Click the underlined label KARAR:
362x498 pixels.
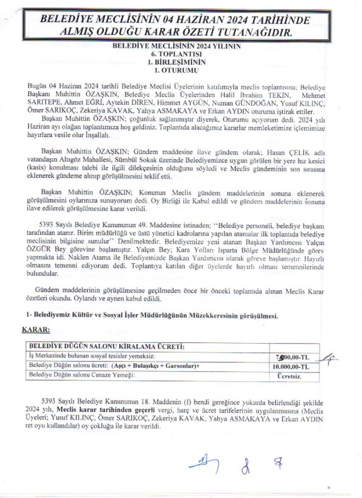pos(36,330)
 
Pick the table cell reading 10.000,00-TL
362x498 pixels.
pos(294,367)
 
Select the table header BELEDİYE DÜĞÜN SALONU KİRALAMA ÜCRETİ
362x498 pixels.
pos(106,347)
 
